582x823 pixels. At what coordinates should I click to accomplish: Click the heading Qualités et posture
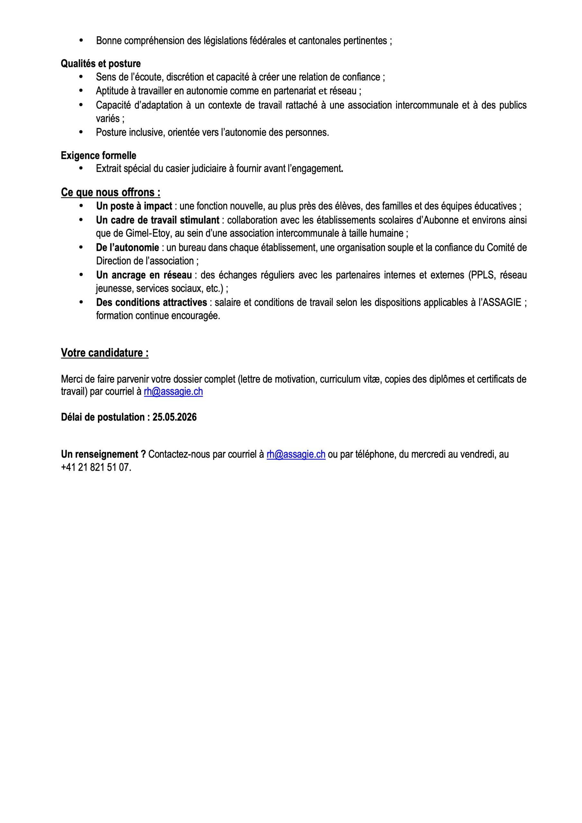[x=100, y=64]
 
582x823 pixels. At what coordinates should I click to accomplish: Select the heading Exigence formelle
[x=98, y=156]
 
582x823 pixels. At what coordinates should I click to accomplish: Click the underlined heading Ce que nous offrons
[x=111, y=193]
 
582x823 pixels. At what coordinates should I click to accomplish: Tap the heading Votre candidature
[x=105, y=353]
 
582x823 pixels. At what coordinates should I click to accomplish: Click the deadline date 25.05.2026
[x=174, y=417]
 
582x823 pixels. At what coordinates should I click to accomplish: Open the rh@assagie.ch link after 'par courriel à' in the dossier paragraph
[x=173, y=392]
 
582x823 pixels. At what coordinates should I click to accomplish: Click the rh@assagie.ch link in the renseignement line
[x=296, y=455]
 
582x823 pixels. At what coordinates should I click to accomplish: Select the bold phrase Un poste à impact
[x=134, y=206]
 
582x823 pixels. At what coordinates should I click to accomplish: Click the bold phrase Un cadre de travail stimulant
[x=158, y=220]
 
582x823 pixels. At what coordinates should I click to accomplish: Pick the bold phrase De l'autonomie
[x=127, y=248]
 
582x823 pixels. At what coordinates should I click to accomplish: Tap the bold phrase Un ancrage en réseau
[x=144, y=275]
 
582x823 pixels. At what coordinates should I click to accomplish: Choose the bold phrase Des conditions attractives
[x=152, y=303]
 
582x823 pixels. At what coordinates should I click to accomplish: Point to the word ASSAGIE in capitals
[x=502, y=303]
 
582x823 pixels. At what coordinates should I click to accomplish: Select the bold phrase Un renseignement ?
[x=103, y=455]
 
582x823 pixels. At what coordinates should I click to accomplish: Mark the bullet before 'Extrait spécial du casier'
[x=81, y=168]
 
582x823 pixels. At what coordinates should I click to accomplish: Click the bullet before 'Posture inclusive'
[x=81, y=132]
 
